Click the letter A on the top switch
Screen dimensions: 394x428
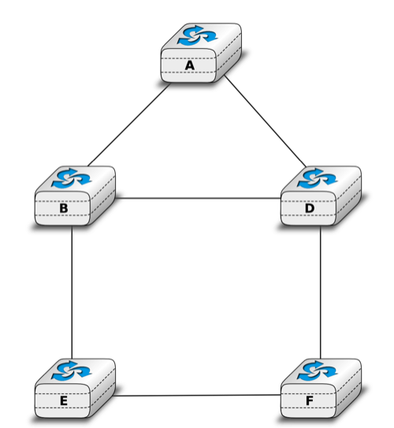click(190, 65)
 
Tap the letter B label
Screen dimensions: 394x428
click(64, 208)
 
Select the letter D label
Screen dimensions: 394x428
click(310, 208)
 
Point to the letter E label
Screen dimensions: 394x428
click(64, 400)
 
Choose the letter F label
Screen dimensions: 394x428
click(310, 400)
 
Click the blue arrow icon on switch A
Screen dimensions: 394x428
click(198, 35)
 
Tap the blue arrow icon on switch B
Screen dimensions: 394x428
click(72, 178)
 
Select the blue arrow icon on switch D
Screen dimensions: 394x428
click(318, 178)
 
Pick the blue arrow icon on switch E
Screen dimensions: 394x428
click(72, 370)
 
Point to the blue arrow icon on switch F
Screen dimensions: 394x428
click(318, 370)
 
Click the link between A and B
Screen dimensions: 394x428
click(129, 125)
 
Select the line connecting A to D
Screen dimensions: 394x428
click(266, 121)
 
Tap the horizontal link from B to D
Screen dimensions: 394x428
click(199, 198)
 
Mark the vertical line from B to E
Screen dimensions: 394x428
click(72, 292)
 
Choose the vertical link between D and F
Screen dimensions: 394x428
click(321, 292)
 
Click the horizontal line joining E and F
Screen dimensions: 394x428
click(198, 395)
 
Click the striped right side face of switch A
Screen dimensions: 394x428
click(229, 54)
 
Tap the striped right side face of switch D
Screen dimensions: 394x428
click(349, 196)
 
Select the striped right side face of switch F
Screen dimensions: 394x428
click(349, 389)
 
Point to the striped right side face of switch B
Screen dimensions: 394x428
click(102, 196)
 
